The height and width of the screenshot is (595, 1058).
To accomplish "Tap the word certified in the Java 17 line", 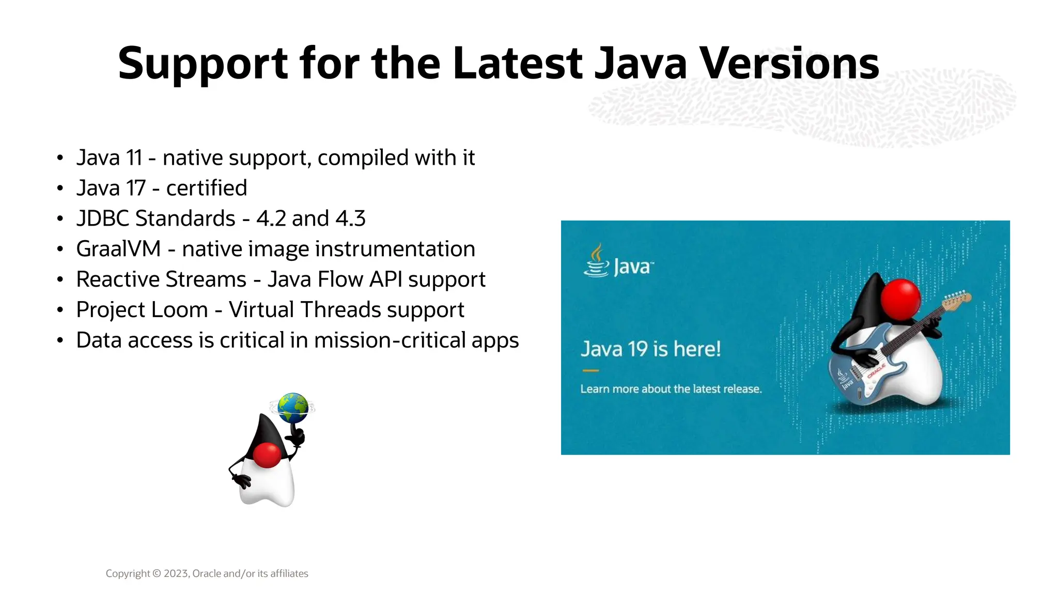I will [x=206, y=188].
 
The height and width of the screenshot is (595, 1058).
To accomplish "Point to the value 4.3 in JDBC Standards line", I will [x=350, y=218].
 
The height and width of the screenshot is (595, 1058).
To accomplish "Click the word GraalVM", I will [x=118, y=249].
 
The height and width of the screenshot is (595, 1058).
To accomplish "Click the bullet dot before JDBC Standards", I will [x=60, y=219].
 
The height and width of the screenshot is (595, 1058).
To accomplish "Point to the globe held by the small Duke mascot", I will [x=292, y=408].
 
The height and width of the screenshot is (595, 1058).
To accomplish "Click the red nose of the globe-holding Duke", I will [x=267, y=455].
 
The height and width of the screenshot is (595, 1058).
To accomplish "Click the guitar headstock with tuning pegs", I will [x=957, y=299].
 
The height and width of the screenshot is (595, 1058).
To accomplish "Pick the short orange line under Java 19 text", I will [x=590, y=370].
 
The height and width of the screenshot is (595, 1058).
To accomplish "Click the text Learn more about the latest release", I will [x=671, y=389].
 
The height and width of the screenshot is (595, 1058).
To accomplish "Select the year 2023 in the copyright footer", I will [x=177, y=573].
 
